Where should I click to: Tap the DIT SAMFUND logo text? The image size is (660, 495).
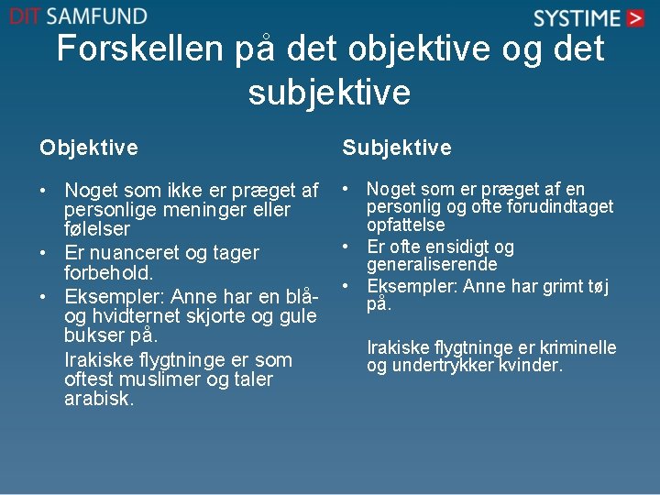78,16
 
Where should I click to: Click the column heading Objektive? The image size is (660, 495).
89,148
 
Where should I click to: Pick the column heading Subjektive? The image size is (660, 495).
396,148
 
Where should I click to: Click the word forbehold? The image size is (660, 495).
108,273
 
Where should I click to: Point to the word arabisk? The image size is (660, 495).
99,399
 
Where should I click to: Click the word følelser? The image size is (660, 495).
97,229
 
